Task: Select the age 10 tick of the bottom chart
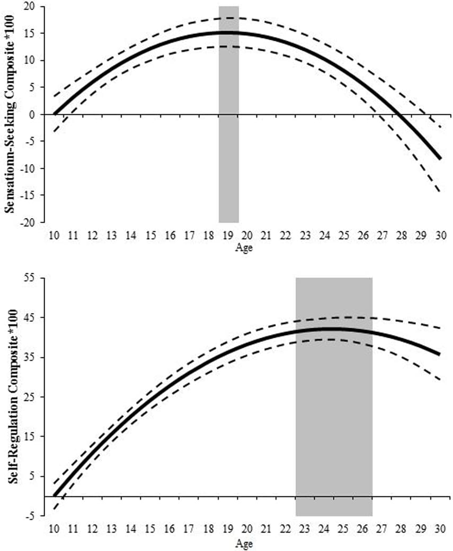click(x=54, y=529)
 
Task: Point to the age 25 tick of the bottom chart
click(x=343, y=529)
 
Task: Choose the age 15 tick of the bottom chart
click(x=150, y=529)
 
